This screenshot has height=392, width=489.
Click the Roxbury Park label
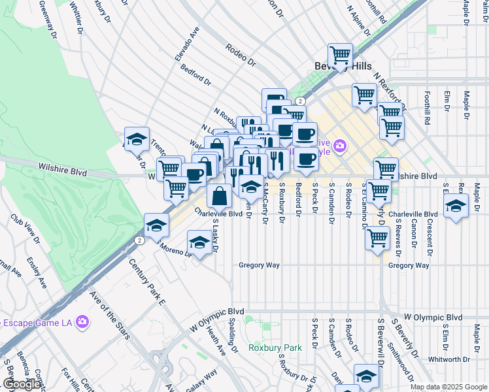(275, 348)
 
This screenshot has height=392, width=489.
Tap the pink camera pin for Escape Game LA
(82, 321)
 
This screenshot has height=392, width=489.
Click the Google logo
(22, 384)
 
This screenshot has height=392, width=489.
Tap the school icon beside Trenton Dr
(137, 139)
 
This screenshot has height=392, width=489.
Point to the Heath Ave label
(216, 342)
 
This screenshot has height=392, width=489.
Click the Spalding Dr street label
(233, 337)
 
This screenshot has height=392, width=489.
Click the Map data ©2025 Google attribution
(448, 387)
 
